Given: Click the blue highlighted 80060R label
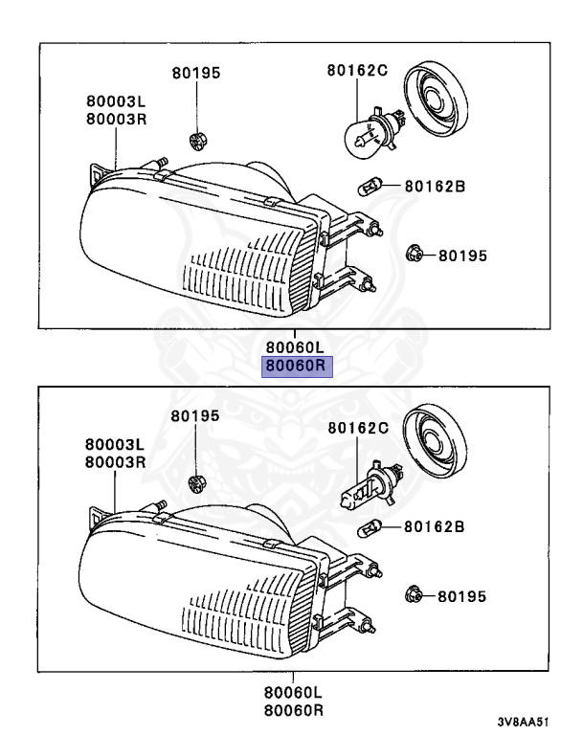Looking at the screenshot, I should (296, 365).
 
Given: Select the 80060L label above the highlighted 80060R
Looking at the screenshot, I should (296, 346).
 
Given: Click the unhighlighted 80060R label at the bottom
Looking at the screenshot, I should (296, 710).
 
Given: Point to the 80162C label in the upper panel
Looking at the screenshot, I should (356, 71).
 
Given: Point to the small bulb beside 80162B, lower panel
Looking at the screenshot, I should (370, 527).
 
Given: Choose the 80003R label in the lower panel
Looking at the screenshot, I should (114, 461).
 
